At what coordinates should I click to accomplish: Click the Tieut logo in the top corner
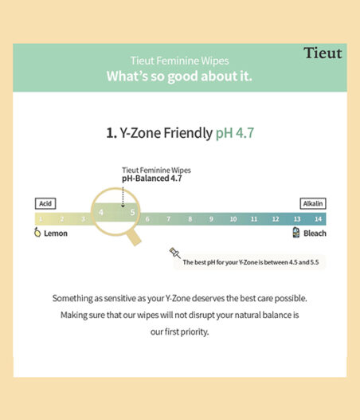tap(323, 53)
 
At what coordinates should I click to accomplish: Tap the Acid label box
tap(45, 203)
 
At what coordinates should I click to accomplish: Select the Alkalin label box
tap(313, 203)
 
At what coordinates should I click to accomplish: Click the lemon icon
tap(37, 232)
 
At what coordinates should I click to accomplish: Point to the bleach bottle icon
tap(296, 232)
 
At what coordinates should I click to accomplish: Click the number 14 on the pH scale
tap(318, 219)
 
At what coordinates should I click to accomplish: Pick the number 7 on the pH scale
tap(168, 219)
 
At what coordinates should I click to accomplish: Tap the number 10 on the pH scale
tap(233, 219)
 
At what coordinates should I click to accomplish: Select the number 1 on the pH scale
tap(41, 219)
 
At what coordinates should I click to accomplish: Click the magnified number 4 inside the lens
tap(100, 213)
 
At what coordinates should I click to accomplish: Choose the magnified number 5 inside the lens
tap(132, 213)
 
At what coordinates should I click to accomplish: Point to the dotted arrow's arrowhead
tap(123, 206)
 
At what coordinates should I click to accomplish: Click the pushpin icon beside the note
tap(174, 253)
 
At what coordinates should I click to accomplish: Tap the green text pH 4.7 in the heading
tap(235, 133)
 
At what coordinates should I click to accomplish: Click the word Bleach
tap(315, 234)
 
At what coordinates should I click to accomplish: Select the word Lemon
tap(56, 234)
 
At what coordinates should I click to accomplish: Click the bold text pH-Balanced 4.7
tap(152, 179)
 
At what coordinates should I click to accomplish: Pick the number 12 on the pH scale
tap(276, 219)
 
